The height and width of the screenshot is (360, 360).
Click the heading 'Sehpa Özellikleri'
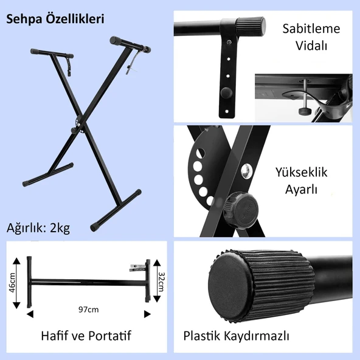tap(55, 19)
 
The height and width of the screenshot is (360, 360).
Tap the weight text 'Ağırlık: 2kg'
tap(38, 228)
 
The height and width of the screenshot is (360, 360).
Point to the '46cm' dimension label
tap(12, 283)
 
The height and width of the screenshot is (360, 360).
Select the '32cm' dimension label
tap(161, 282)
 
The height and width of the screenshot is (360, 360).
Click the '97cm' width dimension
tap(89, 310)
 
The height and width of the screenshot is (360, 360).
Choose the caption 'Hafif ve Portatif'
tap(86, 336)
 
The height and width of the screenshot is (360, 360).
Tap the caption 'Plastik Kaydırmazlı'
tap(236, 336)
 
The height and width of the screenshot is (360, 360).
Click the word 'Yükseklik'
tap(301, 173)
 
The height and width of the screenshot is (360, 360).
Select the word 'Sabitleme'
tap(311, 29)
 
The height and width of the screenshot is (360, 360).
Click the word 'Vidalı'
tap(311, 46)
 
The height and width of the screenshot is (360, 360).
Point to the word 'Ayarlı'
tap(301, 190)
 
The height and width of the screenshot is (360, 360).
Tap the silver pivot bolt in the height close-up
tap(246, 171)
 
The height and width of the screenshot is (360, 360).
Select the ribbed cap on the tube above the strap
tap(251, 27)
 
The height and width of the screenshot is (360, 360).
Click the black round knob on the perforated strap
tap(226, 92)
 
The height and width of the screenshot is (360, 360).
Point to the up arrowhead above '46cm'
tap(16, 261)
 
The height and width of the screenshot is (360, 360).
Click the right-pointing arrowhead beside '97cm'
tap(147, 314)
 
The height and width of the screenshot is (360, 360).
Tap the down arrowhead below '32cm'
tap(157, 299)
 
